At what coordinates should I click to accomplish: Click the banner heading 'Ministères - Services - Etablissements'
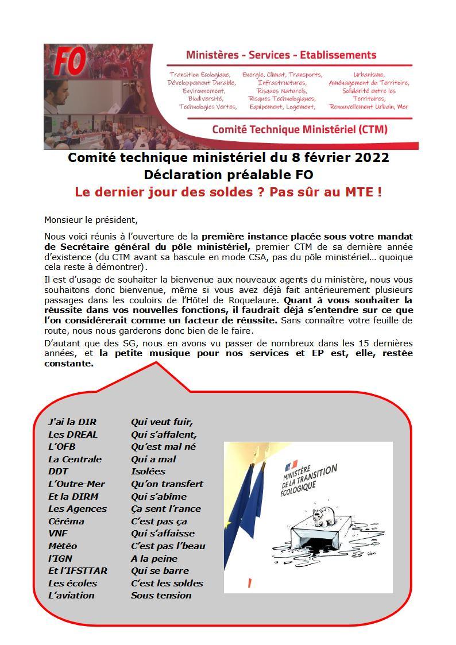(281, 55)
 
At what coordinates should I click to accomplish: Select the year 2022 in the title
(371, 157)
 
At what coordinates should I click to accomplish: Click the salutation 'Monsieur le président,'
(91, 219)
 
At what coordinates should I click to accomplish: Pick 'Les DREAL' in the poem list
(73, 434)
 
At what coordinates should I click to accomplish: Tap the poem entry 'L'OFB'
(62, 446)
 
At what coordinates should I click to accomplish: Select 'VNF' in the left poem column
(58, 533)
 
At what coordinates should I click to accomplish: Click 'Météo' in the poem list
(63, 546)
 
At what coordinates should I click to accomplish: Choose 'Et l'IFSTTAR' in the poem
(78, 570)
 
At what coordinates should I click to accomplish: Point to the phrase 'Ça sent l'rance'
(166, 508)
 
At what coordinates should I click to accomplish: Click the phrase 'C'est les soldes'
(167, 583)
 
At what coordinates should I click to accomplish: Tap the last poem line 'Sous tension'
(161, 595)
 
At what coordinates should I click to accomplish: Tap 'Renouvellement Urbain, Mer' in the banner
(368, 106)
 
